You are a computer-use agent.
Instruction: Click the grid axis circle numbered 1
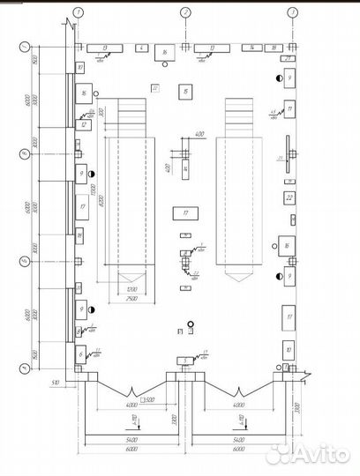click(x=79, y=12)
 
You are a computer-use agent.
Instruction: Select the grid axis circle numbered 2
click(x=185, y=12)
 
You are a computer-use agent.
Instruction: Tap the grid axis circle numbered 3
click(x=291, y=12)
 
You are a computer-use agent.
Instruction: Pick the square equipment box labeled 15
click(x=184, y=91)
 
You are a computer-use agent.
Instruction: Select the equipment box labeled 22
click(x=289, y=199)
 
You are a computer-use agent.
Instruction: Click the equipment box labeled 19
click(x=79, y=236)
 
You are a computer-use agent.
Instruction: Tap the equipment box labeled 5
click(x=183, y=361)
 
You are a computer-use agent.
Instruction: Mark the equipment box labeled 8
click(x=79, y=331)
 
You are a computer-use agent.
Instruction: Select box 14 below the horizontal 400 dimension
click(x=185, y=165)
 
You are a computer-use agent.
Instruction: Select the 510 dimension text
click(x=55, y=383)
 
